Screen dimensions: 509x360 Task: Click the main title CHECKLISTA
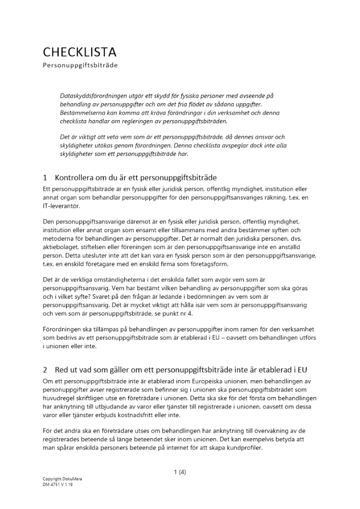pos(80,52)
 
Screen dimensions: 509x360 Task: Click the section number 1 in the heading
pos(45,178)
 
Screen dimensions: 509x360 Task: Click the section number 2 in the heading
pos(45,369)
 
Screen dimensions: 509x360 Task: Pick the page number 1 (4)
pos(180,472)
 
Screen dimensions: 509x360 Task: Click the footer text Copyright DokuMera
pos(62,479)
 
